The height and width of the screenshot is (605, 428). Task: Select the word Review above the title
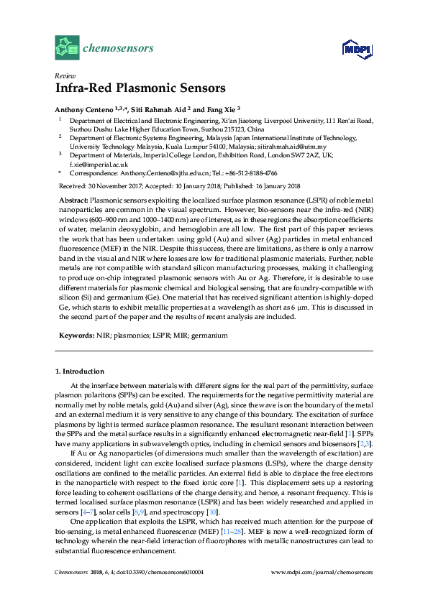64,75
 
